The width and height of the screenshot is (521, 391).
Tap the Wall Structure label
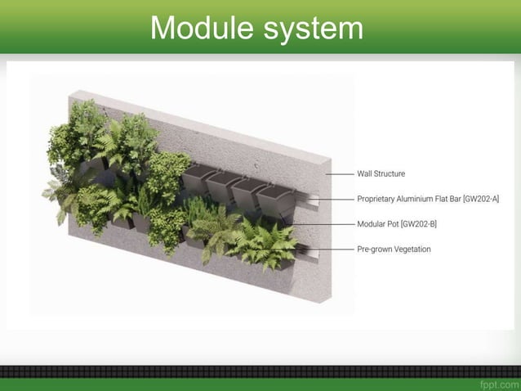pos(381,173)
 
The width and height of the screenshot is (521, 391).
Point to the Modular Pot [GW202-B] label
pos(398,222)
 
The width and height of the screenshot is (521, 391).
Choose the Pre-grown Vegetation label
pos(394,249)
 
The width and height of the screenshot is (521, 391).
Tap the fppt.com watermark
pos(499,383)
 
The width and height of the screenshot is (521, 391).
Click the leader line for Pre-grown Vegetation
pos(327,249)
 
